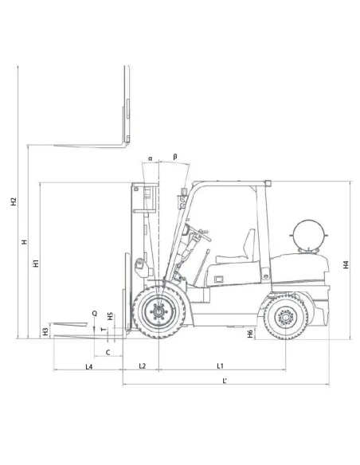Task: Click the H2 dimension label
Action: tap(14, 202)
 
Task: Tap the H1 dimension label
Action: tap(37, 264)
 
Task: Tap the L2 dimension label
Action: tap(142, 365)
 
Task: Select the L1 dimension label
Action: tap(219, 365)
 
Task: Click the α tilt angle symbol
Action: tap(149, 158)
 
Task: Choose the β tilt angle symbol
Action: tap(174, 157)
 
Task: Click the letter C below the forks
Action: tap(108, 350)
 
